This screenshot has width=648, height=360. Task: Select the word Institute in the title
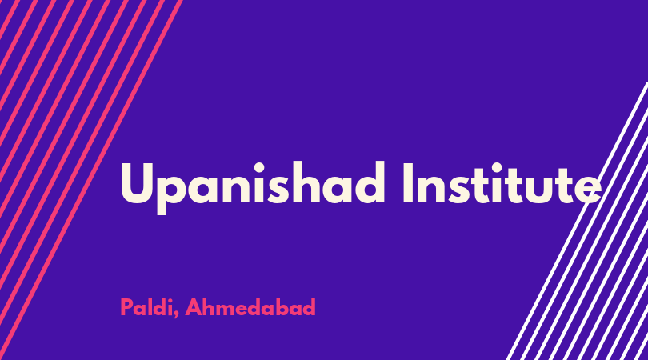coord(502,183)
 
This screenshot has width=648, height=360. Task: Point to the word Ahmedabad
coord(250,307)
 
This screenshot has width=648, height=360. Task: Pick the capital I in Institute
coord(408,183)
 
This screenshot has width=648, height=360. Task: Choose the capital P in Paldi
coord(126,307)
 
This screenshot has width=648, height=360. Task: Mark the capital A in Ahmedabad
coord(194,307)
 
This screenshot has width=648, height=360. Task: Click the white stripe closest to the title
coord(577,221)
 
